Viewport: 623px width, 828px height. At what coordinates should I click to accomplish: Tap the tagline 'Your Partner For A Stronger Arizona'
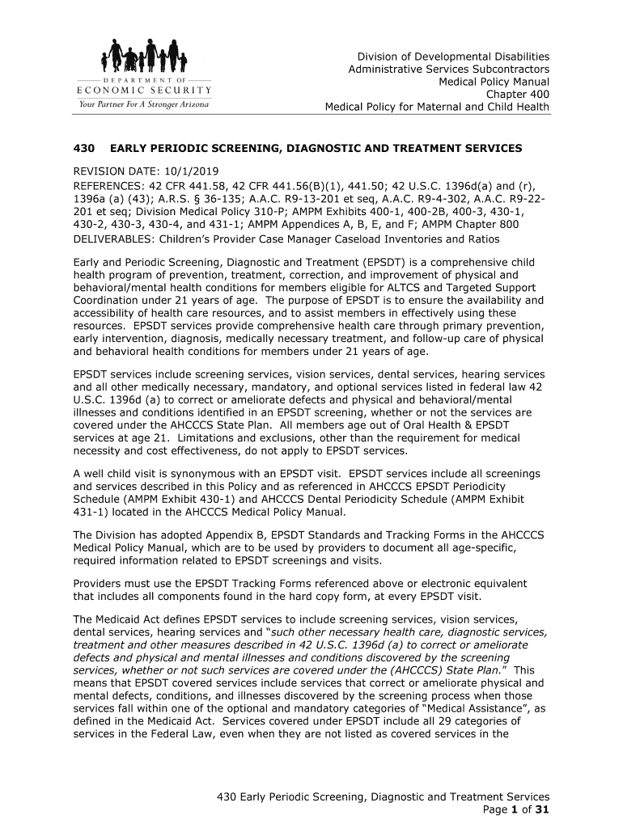[143, 104]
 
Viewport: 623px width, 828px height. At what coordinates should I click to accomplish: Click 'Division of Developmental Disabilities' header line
[454, 57]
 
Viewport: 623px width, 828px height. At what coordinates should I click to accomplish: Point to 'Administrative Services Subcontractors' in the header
[448, 70]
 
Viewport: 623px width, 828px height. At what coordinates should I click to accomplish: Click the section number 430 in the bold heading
[85, 149]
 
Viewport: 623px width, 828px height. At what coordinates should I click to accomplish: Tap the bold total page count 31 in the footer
[542, 811]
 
